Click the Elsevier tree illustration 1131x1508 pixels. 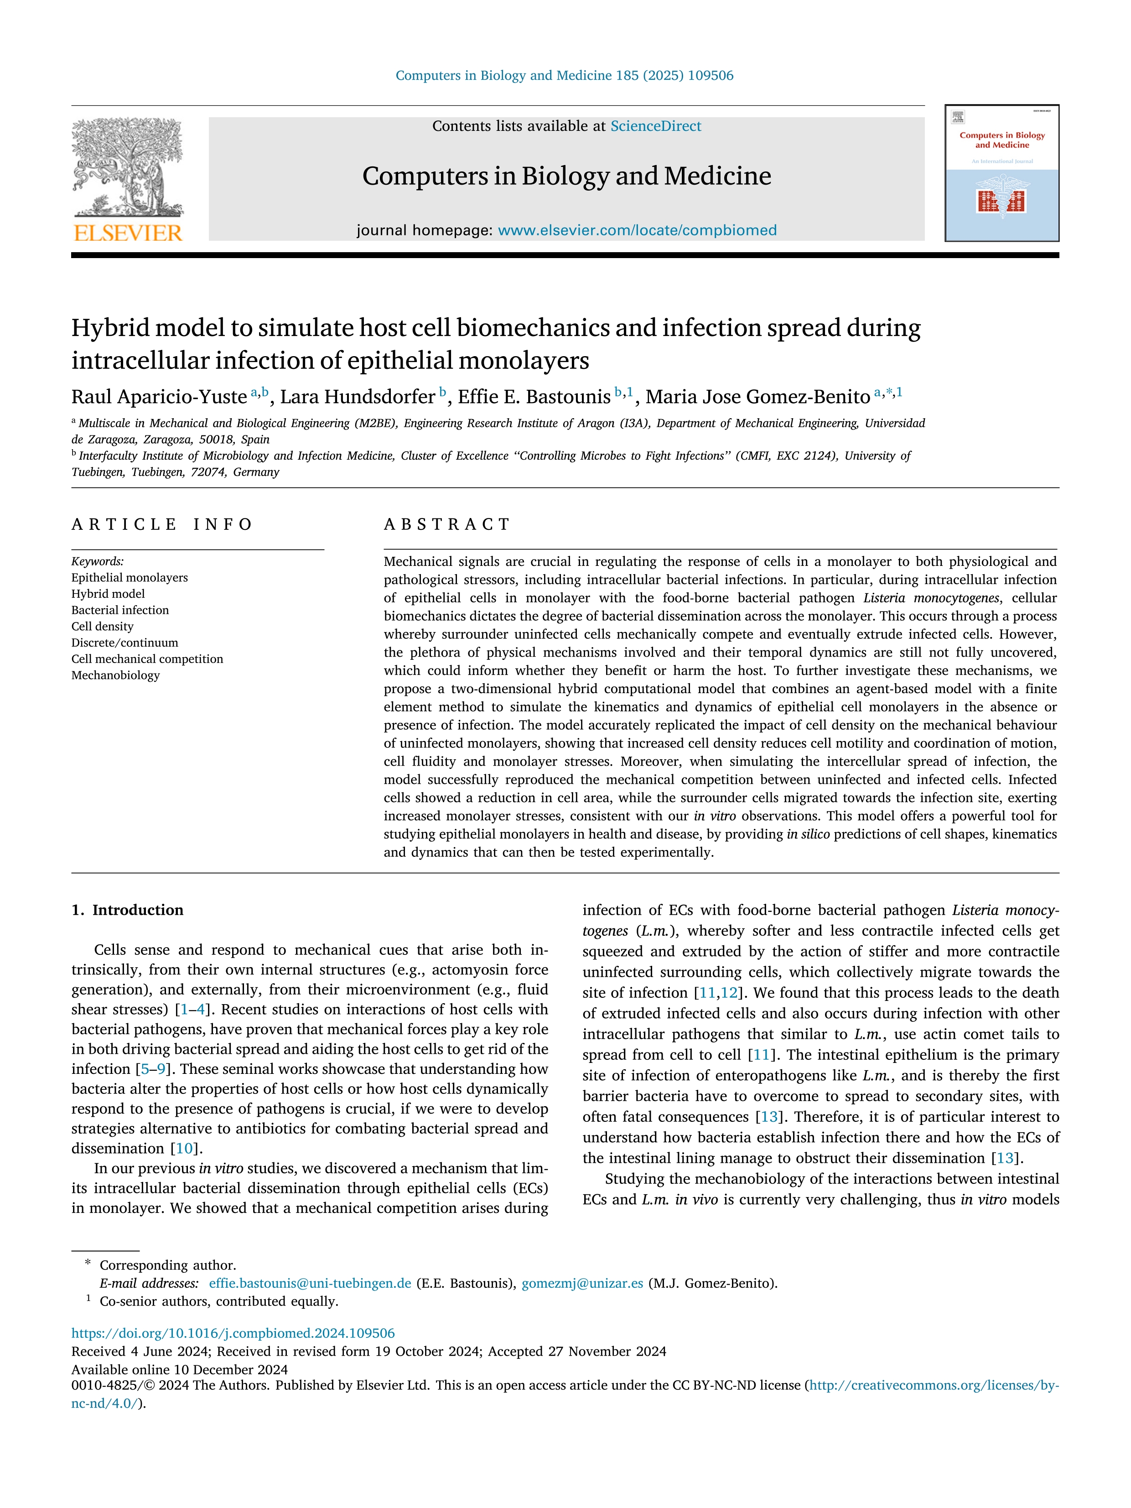click(128, 167)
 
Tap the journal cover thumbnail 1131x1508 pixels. click(1001, 173)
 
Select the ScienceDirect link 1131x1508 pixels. click(655, 126)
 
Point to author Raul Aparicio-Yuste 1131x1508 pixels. click(159, 397)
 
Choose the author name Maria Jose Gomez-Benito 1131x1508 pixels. click(757, 397)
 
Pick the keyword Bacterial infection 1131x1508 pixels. click(120, 610)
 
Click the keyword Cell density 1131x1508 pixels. click(102, 627)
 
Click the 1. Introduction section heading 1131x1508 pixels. click(128, 910)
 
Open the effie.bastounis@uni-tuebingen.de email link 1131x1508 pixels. click(310, 1283)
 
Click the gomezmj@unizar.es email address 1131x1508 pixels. click(582, 1283)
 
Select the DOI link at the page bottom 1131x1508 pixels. click(233, 1333)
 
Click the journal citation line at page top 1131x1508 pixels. click(565, 76)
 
